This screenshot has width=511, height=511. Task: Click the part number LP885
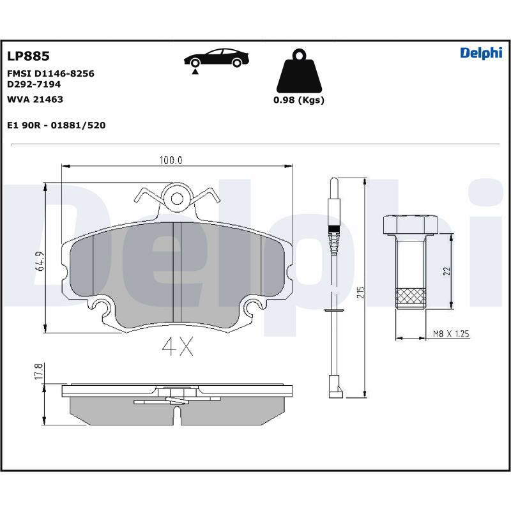(28, 56)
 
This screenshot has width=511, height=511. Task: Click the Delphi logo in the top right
(481, 53)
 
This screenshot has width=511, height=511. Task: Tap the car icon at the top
(217, 59)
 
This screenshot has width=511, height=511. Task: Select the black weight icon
(299, 71)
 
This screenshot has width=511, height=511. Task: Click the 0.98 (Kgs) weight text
(299, 100)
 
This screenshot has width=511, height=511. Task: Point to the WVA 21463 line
(35, 100)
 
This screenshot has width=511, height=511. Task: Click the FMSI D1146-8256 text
(50, 73)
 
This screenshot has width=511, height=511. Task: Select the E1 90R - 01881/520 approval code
(56, 125)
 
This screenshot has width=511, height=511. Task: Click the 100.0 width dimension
(171, 160)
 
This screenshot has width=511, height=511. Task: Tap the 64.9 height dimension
(40, 261)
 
